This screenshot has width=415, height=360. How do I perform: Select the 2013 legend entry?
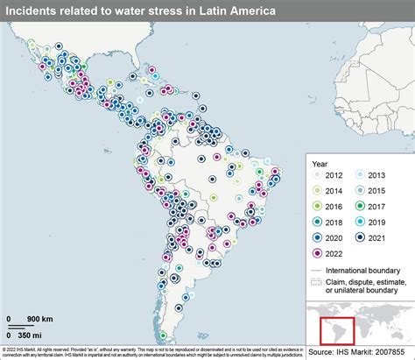(380, 176)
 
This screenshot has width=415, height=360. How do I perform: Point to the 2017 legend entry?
(380, 207)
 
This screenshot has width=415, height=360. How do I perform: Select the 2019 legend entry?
(380, 222)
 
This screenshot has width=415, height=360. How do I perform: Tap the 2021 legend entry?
(380, 236)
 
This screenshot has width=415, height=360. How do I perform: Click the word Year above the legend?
(321, 162)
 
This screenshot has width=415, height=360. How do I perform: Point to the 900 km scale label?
(41, 317)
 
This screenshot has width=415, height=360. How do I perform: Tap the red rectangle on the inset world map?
(335, 327)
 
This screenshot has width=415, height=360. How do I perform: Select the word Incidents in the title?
(34, 11)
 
